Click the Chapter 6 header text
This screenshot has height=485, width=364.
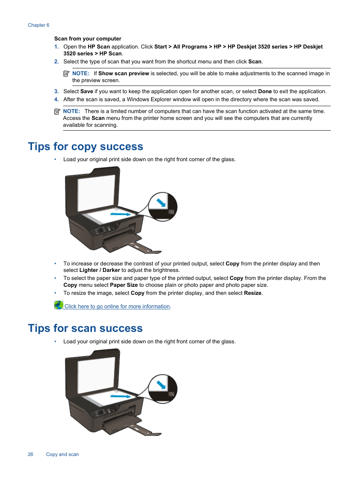tap(39, 25)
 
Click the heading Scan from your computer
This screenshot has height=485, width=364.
tap(88, 39)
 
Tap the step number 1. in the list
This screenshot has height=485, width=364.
tap(56, 47)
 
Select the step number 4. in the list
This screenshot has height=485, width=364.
tap(56, 99)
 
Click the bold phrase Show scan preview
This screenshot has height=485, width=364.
tap(124, 73)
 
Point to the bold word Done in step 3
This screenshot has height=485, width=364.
tap(265, 91)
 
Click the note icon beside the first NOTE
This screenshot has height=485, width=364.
tap(66, 73)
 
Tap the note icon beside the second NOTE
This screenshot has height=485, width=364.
tap(57, 111)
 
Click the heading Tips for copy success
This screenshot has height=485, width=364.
tap(85, 147)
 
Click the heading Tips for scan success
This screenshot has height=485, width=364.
tap(85, 328)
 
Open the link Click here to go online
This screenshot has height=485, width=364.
tap(117, 306)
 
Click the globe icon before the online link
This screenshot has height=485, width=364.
tap(58, 305)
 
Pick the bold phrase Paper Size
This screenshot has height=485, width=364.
tap(124, 285)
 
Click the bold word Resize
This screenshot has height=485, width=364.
tap(253, 293)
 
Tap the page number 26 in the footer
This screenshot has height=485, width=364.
tap(31, 454)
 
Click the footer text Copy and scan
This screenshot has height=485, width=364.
tap(63, 454)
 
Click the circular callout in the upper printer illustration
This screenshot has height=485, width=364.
tap(163, 207)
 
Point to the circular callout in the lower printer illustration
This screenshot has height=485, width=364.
tap(163, 389)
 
